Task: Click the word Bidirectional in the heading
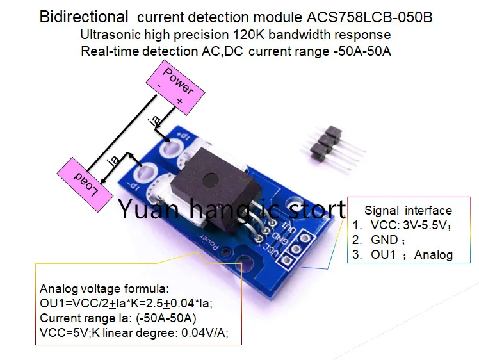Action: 84,17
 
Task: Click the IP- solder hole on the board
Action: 147,174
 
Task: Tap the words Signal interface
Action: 408,210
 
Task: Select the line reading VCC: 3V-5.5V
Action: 409,225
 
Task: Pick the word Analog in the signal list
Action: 434,255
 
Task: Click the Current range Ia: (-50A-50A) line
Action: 118,318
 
